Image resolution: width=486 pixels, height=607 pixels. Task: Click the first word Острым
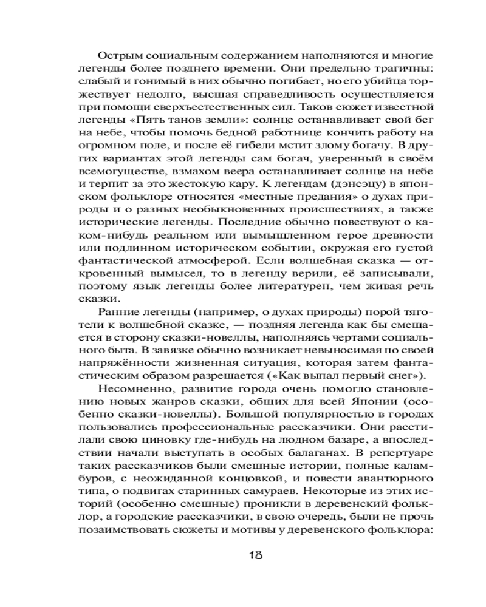[117, 53]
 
